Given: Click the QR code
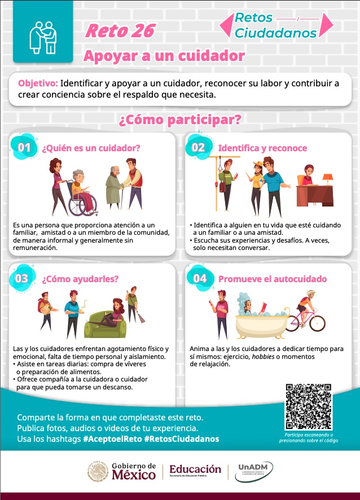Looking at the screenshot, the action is (x=309, y=406).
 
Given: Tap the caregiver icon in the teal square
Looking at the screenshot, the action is (x=43, y=38).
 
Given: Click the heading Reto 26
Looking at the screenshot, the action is (x=120, y=31).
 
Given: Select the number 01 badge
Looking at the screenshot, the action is (x=24, y=147).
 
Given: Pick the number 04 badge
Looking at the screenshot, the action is (x=200, y=278).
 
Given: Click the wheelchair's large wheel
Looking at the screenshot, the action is (x=83, y=204).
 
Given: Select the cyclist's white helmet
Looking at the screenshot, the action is (x=310, y=293).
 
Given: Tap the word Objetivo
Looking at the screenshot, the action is (x=38, y=84).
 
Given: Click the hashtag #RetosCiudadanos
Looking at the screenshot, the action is (x=182, y=439).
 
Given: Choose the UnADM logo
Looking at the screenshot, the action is (x=254, y=472).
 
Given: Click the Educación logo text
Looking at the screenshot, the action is (x=195, y=469).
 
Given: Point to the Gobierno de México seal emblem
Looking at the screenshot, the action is (x=98, y=471).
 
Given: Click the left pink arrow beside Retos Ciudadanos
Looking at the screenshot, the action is (x=227, y=25).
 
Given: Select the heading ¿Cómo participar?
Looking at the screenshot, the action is (x=180, y=120).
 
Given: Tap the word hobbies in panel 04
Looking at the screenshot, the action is (x=263, y=357).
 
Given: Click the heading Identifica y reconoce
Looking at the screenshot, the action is (x=262, y=148).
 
